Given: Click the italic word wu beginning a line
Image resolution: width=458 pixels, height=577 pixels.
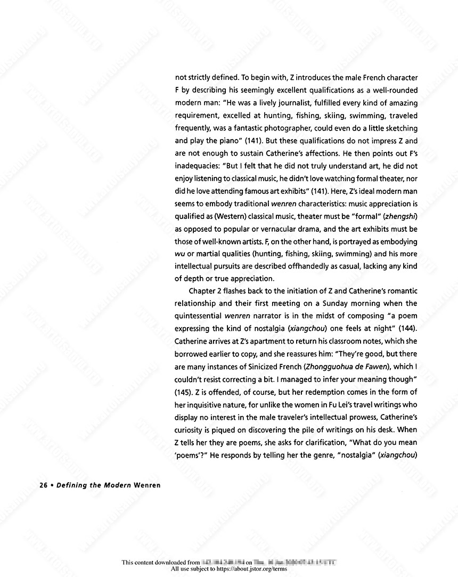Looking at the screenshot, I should (180, 254).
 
